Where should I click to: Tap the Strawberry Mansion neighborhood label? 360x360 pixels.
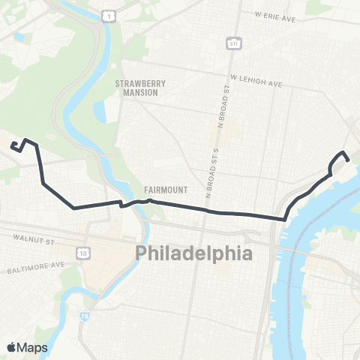[136, 88]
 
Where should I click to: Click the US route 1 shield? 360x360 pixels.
[109, 16]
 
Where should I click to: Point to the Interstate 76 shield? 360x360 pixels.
[81, 316]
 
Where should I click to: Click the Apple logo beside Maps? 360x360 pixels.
[12, 346]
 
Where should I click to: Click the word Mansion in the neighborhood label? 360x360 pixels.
[136, 93]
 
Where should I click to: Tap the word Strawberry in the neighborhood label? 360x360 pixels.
[136, 84]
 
